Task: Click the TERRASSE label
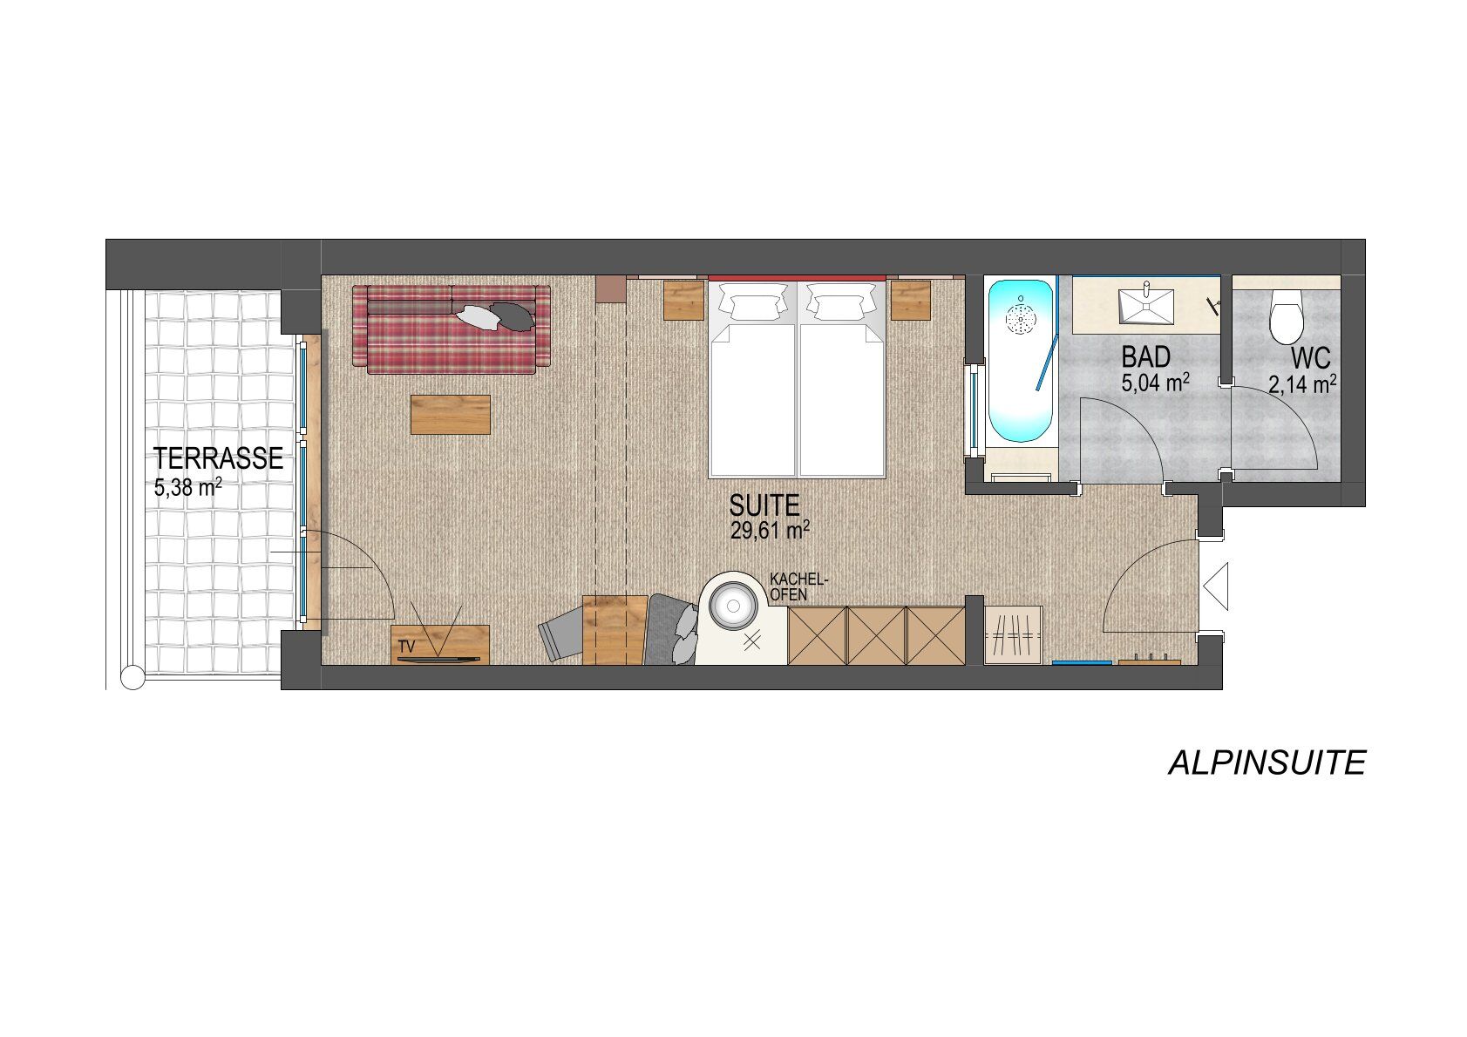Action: [x=218, y=458]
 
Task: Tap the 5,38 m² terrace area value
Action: [x=188, y=486]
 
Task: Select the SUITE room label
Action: [x=764, y=505]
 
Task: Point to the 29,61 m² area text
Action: [x=770, y=530]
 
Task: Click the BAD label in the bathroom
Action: [x=1145, y=357]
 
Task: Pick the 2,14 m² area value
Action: [x=1302, y=384]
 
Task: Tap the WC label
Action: [x=1310, y=358]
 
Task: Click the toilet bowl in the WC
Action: [x=1287, y=317]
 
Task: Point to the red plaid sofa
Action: [x=452, y=329]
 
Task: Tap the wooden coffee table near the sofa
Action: [x=451, y=415]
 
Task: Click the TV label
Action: [x=407, y=647]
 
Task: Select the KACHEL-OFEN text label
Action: [x=798, y=587]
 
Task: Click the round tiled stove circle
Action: [x=733, y=606]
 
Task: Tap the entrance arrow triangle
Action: [x=1216, y=586]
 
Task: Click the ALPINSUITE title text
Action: [x=1267, y=763]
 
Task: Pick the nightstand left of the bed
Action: [x=683, y=301]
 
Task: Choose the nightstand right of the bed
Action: [x=910, y=301]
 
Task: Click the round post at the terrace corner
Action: [x=133, y=678]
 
